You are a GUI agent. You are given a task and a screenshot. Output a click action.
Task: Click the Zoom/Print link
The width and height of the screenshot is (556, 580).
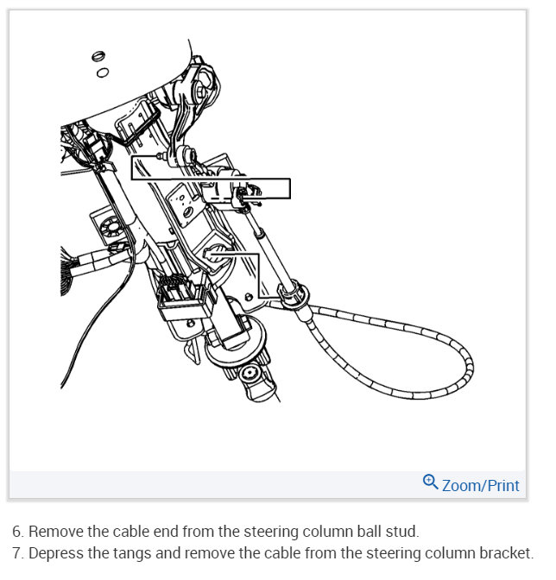[480, 485]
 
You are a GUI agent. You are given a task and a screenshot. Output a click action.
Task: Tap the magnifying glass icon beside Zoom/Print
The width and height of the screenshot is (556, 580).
[430, 482]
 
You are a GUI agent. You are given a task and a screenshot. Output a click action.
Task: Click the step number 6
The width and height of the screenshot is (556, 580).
[16, 532]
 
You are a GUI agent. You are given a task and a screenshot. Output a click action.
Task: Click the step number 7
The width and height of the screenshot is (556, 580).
[16, 553]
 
